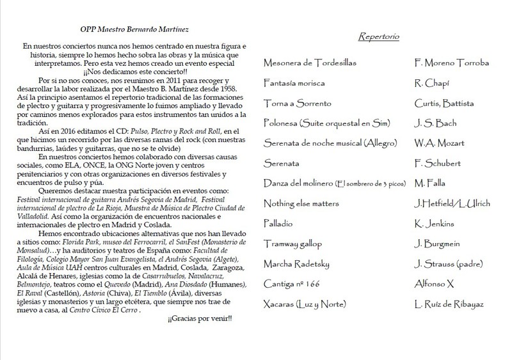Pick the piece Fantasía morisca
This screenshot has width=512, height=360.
[x=294, y=83]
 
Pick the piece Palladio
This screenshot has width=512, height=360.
[x=280, y=224]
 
